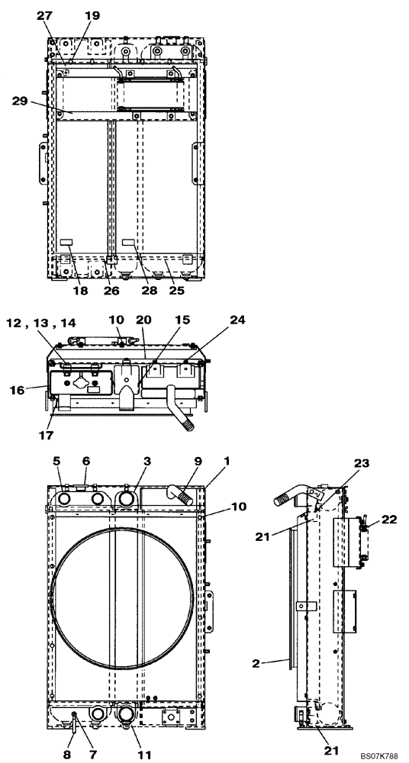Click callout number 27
[45, 14]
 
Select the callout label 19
[92, 14]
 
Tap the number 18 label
[80, 291]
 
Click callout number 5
[57, 462]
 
